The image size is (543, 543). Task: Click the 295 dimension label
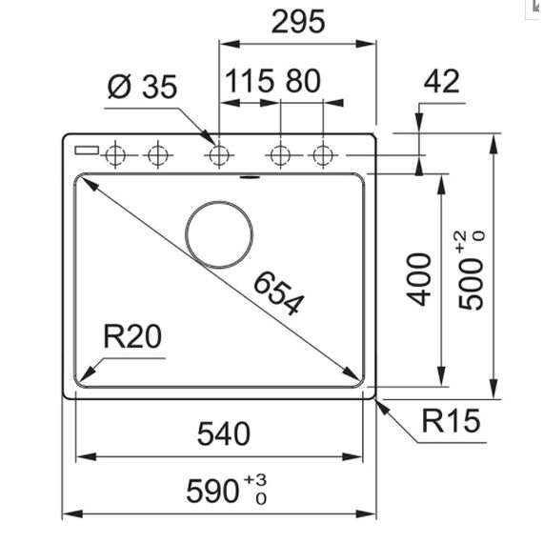(298, 22)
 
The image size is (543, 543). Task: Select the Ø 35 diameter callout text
(142, 87)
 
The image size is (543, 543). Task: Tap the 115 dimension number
(250, 81)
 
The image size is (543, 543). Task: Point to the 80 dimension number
(303, 81)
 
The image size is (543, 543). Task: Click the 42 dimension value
(441, 81)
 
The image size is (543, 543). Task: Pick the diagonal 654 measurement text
(279, 293)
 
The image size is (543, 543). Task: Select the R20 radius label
(132, 336)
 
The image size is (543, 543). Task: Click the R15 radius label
(452, 421)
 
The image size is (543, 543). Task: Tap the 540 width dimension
(224, 433)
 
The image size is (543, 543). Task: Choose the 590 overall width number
(212, 491)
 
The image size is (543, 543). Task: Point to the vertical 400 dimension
(419, 279)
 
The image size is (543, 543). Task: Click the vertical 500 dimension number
(471, 284)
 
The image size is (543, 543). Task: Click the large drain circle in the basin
(219, 201)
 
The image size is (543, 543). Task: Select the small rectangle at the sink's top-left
(87, 151)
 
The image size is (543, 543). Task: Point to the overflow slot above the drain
(250, 177)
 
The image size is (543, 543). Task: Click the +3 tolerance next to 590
(255, 480)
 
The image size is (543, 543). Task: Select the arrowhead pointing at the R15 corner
(383, 407)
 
